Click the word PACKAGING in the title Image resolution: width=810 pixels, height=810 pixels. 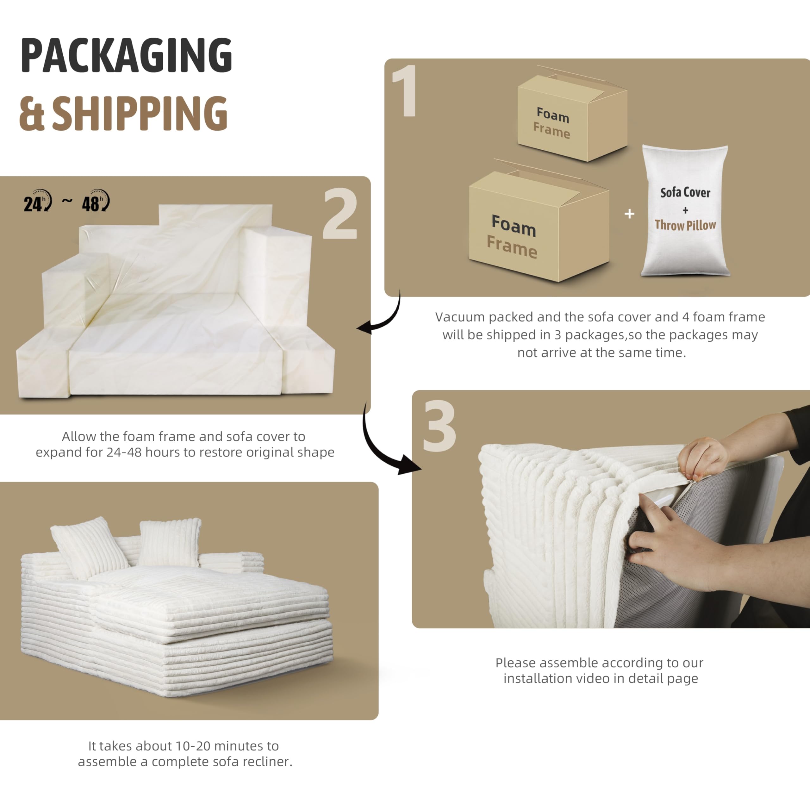click(126, 55)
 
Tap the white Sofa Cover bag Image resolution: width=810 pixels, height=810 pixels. click(685, 210)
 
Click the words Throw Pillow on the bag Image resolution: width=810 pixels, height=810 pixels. click(685, 226)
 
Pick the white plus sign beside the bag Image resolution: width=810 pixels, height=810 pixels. click(629, 214)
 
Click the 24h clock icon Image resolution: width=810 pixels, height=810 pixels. click(38, 201)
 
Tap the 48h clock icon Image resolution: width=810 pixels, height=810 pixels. click(96, 201)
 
